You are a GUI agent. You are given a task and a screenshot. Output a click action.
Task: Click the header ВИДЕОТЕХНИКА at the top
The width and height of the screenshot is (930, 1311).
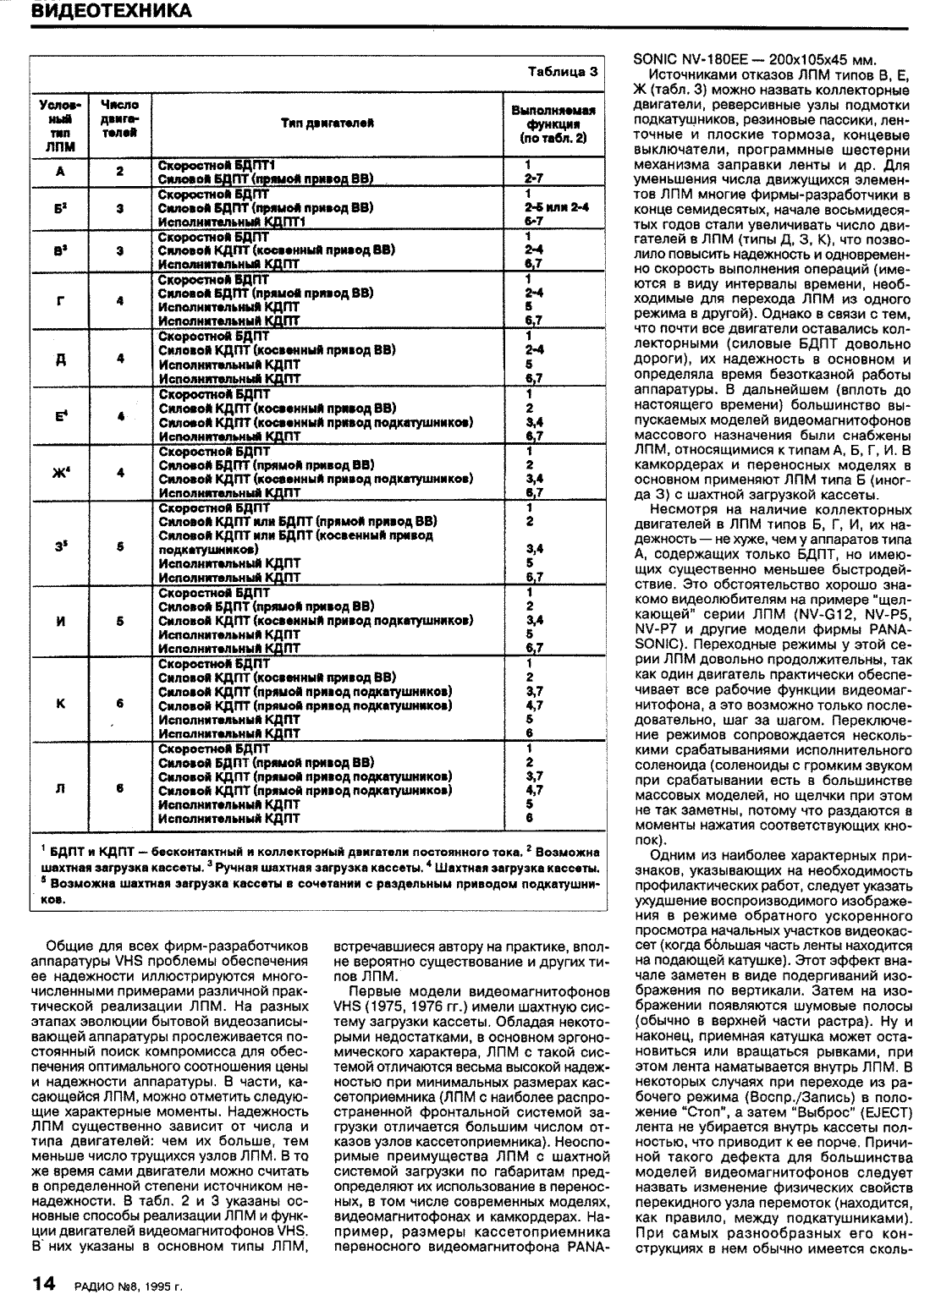pyautogui.click(x=110, y=11)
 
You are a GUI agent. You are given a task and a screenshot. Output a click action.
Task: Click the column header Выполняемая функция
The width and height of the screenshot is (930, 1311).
pyautogui.click(x=553, y=123)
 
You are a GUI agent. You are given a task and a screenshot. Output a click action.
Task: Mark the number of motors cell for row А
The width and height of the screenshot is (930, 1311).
pyautogui.click(x=120, y=171)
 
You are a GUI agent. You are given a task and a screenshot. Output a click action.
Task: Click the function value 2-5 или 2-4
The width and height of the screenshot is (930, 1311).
pyautogui.click(x=559, y=206)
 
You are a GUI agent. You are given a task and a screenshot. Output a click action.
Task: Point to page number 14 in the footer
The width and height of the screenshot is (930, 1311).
pyautogui.click(x=44, y=1286)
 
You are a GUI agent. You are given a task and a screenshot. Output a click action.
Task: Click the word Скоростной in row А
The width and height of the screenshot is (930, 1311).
pyautogui.click(x=192, y=164)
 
